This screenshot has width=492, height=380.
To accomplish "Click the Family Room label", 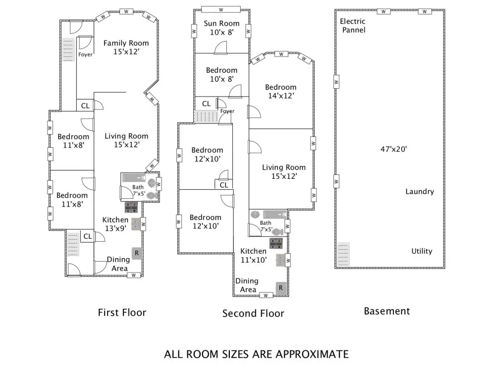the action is pos(126,43).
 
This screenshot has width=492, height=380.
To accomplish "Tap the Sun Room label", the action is pos(221,24).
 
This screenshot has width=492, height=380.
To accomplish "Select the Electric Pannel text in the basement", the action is pos(353,26).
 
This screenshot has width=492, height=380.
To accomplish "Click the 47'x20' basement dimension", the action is pos(393,149).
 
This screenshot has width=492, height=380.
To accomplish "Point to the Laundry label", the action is pos(420,191).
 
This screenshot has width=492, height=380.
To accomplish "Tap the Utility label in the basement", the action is pos(422,251).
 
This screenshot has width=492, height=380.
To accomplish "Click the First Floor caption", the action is pos(122,313).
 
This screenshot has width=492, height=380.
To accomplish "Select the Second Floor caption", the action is pos(253,313).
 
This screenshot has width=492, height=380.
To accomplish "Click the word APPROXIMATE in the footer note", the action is pos(312,354).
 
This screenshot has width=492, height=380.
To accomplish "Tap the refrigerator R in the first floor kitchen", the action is pos(137,253).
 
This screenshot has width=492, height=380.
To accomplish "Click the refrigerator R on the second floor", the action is pos(281,288).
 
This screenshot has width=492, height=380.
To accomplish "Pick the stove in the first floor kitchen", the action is pos(131,208).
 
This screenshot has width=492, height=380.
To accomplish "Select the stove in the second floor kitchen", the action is pos(276,243).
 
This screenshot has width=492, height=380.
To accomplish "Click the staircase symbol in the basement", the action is pos(343,254).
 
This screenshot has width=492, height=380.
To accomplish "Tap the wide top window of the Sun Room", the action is pos(221,10).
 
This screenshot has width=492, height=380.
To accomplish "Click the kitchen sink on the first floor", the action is pos(136,224).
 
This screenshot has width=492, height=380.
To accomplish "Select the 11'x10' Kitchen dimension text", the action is pos(254,260).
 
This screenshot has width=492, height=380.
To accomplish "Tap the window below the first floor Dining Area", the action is pos(134,275).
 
